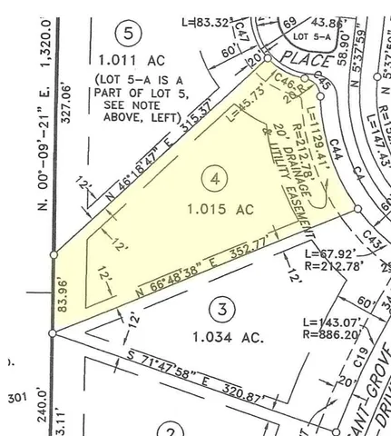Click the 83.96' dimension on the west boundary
tap(64, 297)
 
